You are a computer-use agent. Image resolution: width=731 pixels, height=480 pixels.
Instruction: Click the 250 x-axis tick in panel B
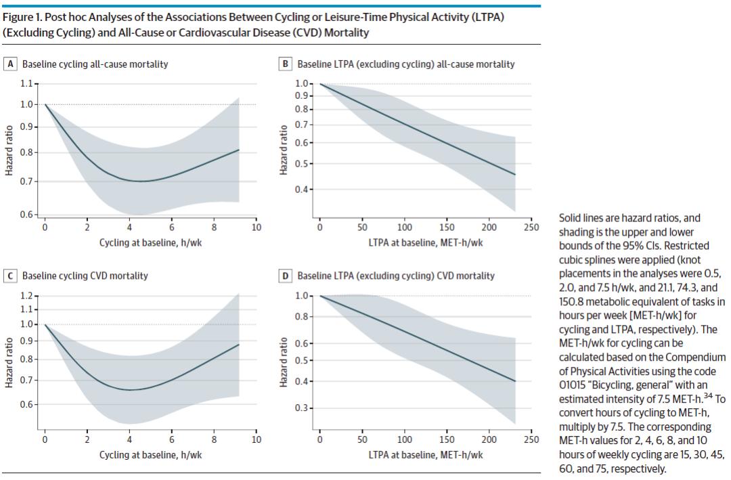(x=531, y=228)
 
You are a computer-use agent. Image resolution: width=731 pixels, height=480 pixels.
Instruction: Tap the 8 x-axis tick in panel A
(x=214, y=228)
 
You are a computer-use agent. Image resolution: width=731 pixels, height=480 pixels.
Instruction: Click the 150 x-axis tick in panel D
(x=447, y=440)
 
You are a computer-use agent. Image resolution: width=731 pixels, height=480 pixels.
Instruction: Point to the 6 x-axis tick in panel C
(x=172, y=440)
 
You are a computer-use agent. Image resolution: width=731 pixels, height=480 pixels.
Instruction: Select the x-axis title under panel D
(x=425, y=455)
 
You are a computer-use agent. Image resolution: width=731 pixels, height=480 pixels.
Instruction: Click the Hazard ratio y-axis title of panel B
(x=284, y=149)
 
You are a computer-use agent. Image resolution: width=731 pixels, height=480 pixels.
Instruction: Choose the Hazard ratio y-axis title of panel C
(x=9, y=361)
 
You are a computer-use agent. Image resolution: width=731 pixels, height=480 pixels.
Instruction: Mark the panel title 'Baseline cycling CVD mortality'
(x=85, y=276)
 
